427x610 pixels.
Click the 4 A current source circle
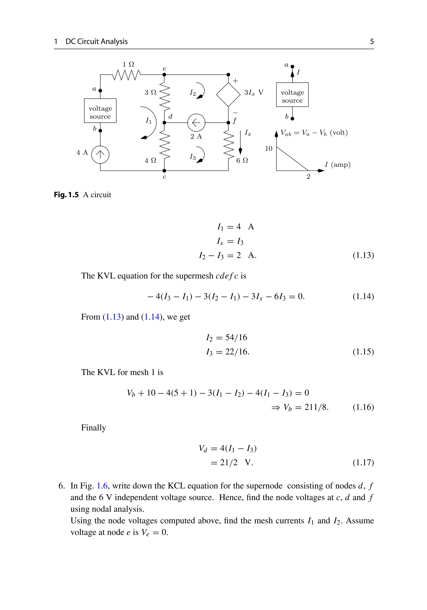click(100, 155)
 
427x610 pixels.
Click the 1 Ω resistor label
click(128, 64)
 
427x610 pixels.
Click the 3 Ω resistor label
click(150, 92)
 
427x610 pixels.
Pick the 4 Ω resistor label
click(150, 160)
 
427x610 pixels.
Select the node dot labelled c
click(164, 171)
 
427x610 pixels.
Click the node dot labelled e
click(164, 75)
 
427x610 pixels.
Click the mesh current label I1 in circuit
click(148, 121)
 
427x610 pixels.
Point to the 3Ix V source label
click(254, 92)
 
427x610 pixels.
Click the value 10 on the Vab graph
click(269, 148)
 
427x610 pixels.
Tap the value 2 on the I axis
click(308, 177)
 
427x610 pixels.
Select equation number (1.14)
click(363, 296)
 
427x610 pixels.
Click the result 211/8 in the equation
click(316, 407)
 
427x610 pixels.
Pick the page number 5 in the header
click(372, 42)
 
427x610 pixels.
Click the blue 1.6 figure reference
click(102, 486)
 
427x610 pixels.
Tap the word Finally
click(93, 428)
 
